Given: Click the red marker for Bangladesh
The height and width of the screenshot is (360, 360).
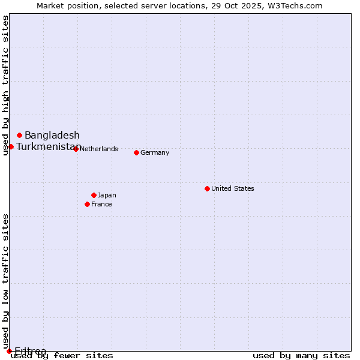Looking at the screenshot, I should click(x=19, y=135).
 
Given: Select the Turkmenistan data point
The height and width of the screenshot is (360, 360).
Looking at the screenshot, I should click(x=11, y=146).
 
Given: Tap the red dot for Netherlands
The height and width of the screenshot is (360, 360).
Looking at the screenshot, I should click(x=76, y=149).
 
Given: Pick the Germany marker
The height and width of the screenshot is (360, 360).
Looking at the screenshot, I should click(x=136, y=152).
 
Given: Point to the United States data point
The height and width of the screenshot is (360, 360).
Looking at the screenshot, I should click(x=207, y=188).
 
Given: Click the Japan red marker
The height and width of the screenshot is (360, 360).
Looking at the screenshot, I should click(x=94, y=195).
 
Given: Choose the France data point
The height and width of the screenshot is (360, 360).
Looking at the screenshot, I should click(x=87, y=204).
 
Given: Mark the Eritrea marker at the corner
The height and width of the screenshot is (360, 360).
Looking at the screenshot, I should click(x=9, y=351).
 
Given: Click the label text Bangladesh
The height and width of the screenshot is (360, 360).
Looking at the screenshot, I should click(x=52, y=135).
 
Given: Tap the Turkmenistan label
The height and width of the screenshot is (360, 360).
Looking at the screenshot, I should click(x=48, y=146).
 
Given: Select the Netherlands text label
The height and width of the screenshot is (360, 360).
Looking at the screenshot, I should click(x=98, y=149).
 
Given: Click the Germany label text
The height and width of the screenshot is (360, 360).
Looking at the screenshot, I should click(x=155, y=152).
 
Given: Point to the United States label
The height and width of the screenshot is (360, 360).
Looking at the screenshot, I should click(x=232, y=188).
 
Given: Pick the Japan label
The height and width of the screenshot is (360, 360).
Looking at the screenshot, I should click(x=107, y=195).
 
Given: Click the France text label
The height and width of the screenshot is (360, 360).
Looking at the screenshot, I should click(x=101, y=204).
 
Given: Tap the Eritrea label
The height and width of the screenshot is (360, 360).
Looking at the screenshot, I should click(x=30, y=351).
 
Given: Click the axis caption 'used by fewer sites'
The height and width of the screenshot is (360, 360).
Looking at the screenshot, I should click(x=62, y=355).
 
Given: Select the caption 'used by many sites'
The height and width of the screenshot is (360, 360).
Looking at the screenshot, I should click(x=301, y=355).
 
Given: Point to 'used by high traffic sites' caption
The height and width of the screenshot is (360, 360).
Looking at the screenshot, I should click(x=5, y=85).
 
